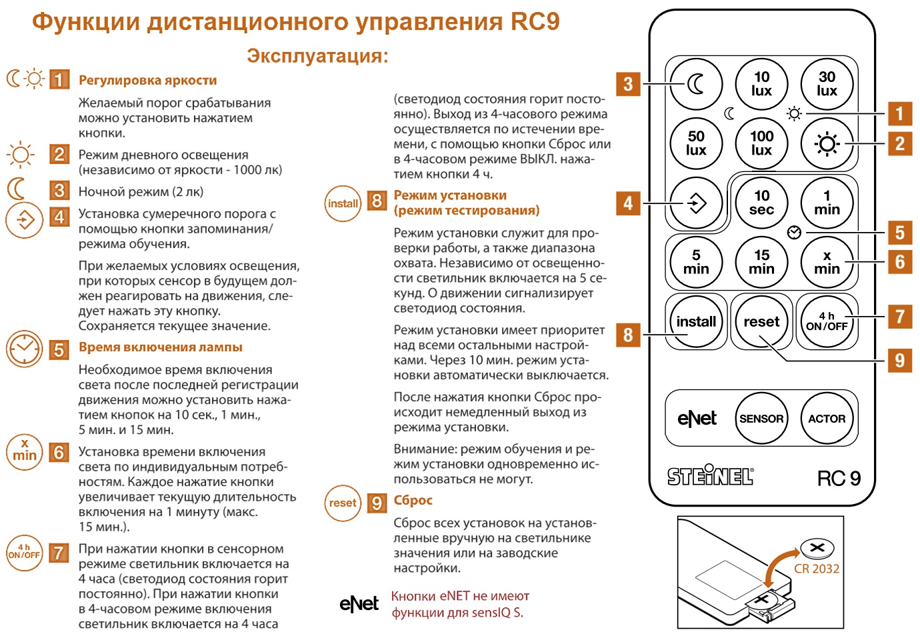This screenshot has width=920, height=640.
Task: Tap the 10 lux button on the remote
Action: tap(761, 84)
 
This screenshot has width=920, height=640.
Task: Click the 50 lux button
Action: tap(696, 143)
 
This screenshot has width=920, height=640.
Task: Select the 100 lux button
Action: tap(761, 143)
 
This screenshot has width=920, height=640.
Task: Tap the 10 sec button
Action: tap(761, 203)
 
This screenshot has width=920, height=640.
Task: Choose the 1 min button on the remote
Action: tap(827, 203)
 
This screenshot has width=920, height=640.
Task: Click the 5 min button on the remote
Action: tap(696, 262)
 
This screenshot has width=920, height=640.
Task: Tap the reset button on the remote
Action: tap(761, 321)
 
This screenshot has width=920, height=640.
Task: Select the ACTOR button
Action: tap(827, 419)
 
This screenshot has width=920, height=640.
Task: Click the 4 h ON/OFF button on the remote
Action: tap(827, 321)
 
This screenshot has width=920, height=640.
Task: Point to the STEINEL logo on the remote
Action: tap(711, 476)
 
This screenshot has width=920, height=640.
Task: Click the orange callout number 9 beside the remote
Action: tap(899, 360)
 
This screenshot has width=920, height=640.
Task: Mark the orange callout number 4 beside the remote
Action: tap(628, 203)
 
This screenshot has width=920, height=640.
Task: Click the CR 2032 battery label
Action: tap(817, 569)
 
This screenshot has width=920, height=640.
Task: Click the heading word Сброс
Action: tap(413, 501)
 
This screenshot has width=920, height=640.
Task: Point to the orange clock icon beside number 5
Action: tap(24, 349)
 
